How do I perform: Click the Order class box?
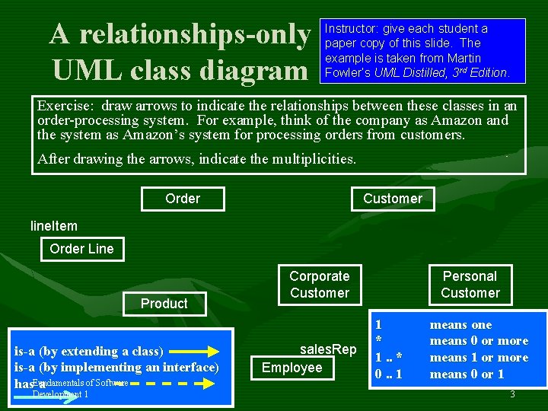pos(183,199)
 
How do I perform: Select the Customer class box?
pos(392,199)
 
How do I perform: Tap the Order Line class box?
pos(81,249)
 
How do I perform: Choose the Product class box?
pos(164,304)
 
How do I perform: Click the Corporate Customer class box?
pos(320,285)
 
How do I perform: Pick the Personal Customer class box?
pos(470,285)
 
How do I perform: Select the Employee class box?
pos(292,368)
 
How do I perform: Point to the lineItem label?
pos(53,226)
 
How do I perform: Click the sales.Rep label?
pos(328,349)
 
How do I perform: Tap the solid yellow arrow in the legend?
pos(194,352)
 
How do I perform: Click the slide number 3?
pos(512,394)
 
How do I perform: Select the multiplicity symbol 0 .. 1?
pos(388,374)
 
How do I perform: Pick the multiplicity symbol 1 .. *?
pos(388,358)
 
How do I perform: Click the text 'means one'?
pos(460,325)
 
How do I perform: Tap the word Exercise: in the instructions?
pos(66,106)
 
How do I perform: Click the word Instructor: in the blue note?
pos(352,29)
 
